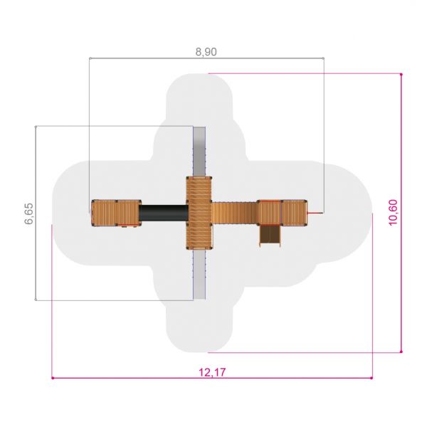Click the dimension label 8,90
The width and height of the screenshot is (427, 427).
(206, 52)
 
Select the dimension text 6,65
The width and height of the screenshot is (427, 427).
(29, 213)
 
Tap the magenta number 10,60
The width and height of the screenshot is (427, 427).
(393, 212)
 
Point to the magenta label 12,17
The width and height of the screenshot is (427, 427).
(212, 372)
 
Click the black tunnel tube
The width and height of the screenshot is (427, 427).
(164, 213)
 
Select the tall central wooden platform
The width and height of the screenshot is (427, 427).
(199, 213)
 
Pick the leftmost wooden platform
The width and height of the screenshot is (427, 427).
(105, 213)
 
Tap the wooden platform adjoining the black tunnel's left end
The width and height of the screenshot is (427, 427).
(129, 213)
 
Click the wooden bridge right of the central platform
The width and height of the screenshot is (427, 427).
(234, 213)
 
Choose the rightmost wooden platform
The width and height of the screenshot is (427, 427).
(294, 213)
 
